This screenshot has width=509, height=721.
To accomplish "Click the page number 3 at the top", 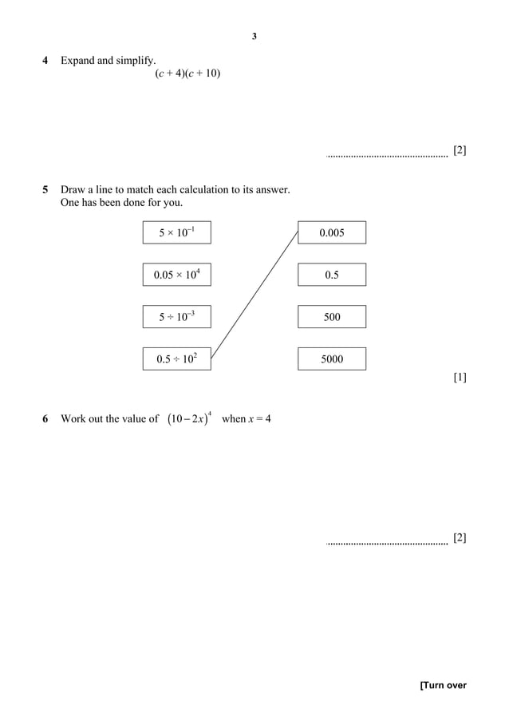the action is [254, 36].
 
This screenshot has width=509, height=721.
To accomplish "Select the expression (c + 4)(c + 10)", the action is [187, 74].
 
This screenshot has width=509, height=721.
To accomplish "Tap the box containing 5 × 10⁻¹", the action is [177, 232].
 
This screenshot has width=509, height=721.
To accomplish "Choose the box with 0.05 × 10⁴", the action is [177, 275].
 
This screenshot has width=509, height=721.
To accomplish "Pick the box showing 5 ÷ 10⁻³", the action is [177, 317].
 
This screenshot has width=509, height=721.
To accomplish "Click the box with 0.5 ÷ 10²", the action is [177, 359].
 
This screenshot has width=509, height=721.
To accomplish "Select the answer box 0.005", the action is [332, 232].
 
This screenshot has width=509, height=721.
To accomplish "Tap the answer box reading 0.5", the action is [332, 275].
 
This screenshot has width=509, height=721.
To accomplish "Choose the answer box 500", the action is [332, 317].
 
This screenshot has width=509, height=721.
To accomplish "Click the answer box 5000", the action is [332, 359].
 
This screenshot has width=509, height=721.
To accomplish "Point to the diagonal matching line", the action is [254, 295].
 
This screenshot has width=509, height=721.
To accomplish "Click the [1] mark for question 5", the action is [460, 378].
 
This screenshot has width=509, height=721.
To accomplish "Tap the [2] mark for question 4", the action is [460, 150].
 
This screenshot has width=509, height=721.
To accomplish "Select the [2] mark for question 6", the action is [460, 537].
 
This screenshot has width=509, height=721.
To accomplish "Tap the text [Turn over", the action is [443, 685].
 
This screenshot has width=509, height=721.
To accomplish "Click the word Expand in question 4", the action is [77, 61].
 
